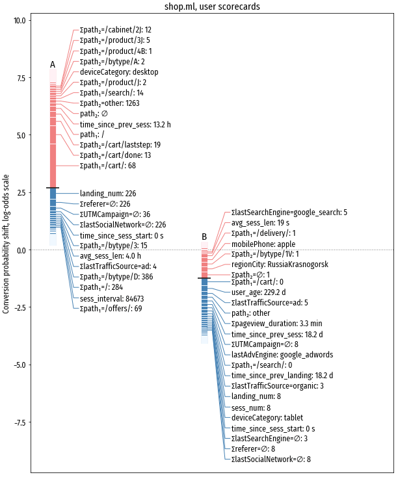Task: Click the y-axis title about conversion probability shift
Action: pyautogui.click(x=7, y=244)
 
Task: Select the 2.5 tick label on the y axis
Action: pyautogui.click(x=21, y=193)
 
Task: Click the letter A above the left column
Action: pyautogui.click(x=53, y=64)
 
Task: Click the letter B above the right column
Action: pyautogui.click(x=204, y=237)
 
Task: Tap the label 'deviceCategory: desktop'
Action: pyautogui.click(x=119, y=72)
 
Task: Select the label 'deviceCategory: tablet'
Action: pyautogui.click(x=267, y=418)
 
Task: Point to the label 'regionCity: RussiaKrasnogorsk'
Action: pyautogui.click(x=280, y=264)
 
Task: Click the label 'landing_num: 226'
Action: pyautogui.click(x=108, y=194)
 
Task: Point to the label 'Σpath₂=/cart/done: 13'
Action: pyautogui.click(x=116, y=155)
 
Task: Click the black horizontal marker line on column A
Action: pyautogui.click(x=53, y=188)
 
